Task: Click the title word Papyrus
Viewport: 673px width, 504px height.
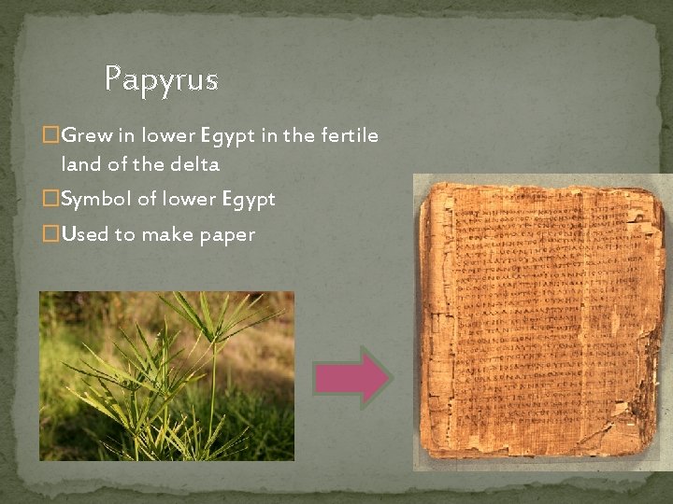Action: (x=161, y=78)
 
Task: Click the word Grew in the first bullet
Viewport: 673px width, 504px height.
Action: (x=86, y=136)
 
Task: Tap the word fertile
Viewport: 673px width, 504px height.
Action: (x=351, y=136)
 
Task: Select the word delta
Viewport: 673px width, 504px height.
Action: (x=194, y=166)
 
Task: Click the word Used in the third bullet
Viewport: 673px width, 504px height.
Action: (x=85, y=234)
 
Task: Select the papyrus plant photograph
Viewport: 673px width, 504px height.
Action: (x=166, y=375)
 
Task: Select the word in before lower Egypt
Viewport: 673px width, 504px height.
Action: (x=127, y=136)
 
